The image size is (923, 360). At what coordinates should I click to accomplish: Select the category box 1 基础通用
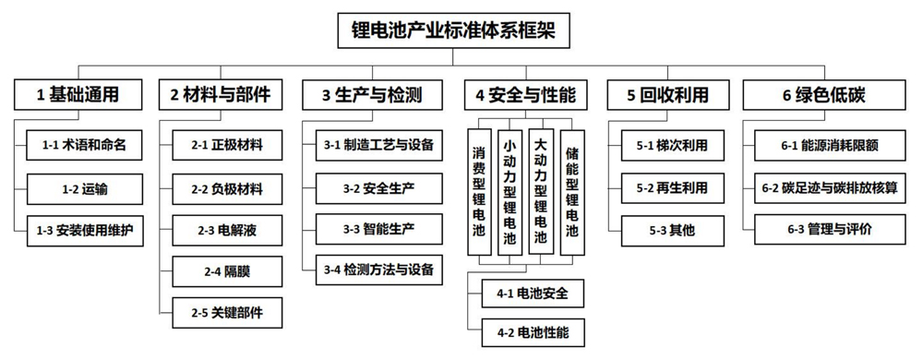[78, 94]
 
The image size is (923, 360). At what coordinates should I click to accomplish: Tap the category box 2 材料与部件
[221, 94]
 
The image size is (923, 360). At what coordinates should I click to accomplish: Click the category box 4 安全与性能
[525, 94]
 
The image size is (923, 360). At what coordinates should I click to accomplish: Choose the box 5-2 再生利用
[671, 186]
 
